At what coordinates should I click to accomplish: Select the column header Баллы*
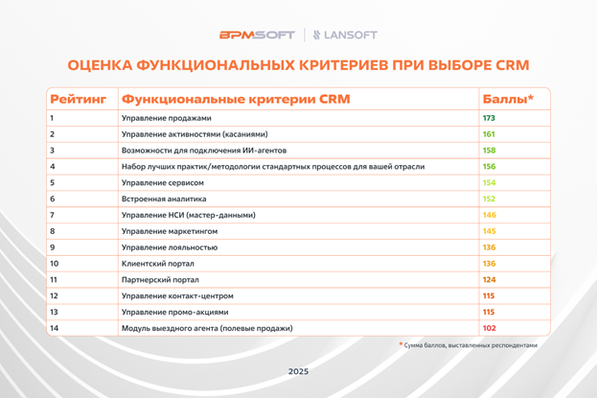(508, 99)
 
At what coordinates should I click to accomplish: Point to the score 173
(489, 118)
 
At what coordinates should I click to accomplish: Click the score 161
(489, 134)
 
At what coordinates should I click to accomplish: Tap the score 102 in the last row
(489, 328)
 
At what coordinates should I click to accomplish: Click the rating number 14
(54, 328)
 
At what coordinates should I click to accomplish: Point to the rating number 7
(52, 215)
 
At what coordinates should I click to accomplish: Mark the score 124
(489, 279)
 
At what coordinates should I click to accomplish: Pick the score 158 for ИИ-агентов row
(489, 151)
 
